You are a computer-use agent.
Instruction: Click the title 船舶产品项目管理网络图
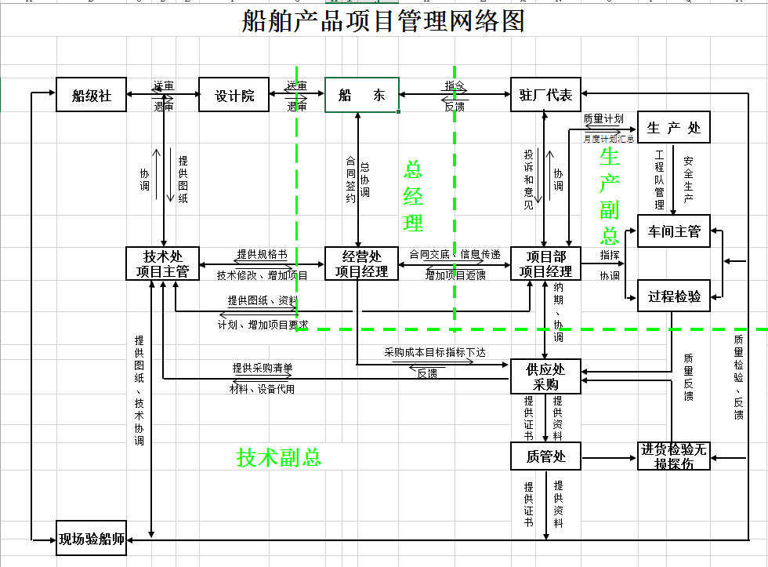coord(383,21)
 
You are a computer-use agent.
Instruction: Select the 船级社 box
coord(91,95)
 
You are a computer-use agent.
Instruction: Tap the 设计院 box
coord(234,95)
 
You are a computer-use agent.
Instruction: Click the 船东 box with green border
coord(362,95)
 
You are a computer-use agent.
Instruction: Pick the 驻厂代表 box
coord(546,95)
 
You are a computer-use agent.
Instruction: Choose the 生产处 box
coord(674,127)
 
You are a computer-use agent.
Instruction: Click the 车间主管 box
coord(674,231)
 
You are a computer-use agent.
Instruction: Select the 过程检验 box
coord(674,296)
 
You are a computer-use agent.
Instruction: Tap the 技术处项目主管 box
coord(162,264)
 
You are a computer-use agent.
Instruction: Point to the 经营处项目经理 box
coord(361,264)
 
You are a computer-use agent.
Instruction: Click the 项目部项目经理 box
coord(546,264)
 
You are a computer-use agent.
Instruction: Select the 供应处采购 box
coord(546,376)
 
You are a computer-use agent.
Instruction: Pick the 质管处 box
coord(546,456)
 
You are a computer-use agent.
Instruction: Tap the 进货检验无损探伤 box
coord(674,456)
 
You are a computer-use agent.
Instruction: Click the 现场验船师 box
coord(92,539)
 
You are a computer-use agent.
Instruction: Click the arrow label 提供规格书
coord(262,256)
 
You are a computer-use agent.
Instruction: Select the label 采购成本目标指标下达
coord(435,353)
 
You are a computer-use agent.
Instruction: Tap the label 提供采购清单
coord(262,368)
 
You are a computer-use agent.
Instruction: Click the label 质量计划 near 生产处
coord(603,119)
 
